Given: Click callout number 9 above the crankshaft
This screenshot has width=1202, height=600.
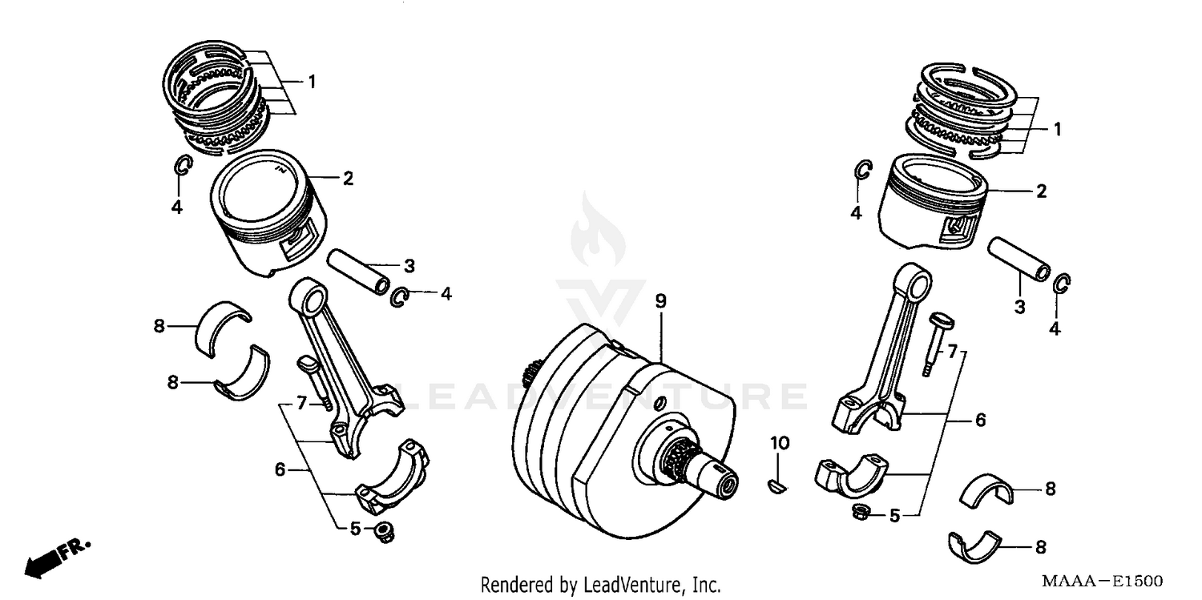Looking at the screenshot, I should pos(660,301).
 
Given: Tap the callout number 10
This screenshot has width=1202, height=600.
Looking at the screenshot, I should pos(780,443).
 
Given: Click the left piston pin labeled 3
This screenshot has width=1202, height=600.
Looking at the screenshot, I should pos(358,272).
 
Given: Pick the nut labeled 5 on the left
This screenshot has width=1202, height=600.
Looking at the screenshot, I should pos(384,531).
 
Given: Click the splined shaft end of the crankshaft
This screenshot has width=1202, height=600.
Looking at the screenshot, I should pos(705,475).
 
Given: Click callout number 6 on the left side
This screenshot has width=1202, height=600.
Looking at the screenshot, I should pos(280,469).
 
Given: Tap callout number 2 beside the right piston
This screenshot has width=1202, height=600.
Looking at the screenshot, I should pos(1041,191).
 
